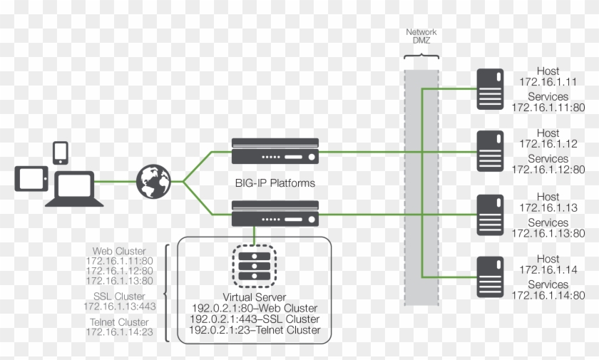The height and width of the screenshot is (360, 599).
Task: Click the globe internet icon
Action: click(154, 181)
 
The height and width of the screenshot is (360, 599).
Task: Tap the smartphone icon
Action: click(61, 153)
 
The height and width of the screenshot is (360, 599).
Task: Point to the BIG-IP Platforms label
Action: click(275, 183)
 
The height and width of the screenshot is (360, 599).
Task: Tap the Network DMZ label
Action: click(421, 37)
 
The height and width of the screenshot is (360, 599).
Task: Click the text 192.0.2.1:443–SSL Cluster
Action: click(255, 319)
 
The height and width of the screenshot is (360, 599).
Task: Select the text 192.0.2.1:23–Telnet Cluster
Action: click(255, 330)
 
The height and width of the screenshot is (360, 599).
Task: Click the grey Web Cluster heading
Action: click(119, 251)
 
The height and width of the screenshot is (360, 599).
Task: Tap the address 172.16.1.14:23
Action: click(120, 332)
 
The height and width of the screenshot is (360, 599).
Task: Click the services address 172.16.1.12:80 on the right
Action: click(548, 170)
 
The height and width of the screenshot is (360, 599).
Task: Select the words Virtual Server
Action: click(255, 296)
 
